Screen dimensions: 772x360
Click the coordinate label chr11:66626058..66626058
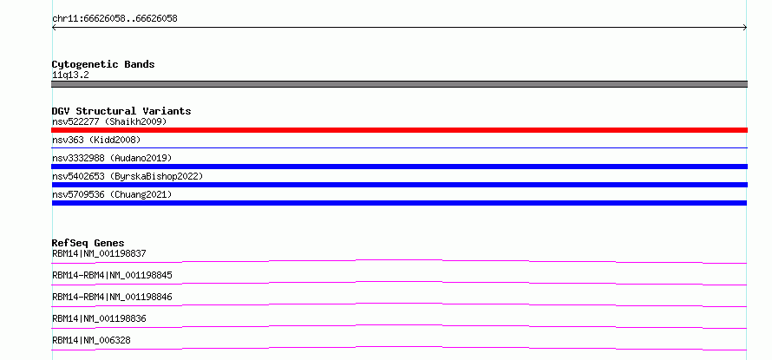114,19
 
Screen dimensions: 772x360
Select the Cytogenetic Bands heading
103,64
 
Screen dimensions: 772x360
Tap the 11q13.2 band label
70,75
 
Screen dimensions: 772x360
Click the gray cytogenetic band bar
399,84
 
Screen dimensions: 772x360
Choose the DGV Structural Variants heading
121,111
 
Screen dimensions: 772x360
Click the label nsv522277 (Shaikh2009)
109,121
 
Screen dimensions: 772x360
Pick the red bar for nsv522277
399,130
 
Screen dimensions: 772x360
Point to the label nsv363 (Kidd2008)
96,140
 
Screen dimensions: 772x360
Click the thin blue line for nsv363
399,147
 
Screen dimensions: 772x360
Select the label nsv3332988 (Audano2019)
112,158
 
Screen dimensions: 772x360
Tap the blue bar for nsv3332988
399,167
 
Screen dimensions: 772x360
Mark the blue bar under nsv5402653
399,185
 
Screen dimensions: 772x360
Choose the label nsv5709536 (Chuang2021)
112,194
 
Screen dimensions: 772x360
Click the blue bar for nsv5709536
399,203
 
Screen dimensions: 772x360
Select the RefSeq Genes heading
88,243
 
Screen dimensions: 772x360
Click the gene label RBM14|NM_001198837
99,253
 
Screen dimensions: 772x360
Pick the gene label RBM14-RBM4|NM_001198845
112,275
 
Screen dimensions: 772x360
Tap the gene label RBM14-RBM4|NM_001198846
112,297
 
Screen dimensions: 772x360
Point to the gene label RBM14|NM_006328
91,340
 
